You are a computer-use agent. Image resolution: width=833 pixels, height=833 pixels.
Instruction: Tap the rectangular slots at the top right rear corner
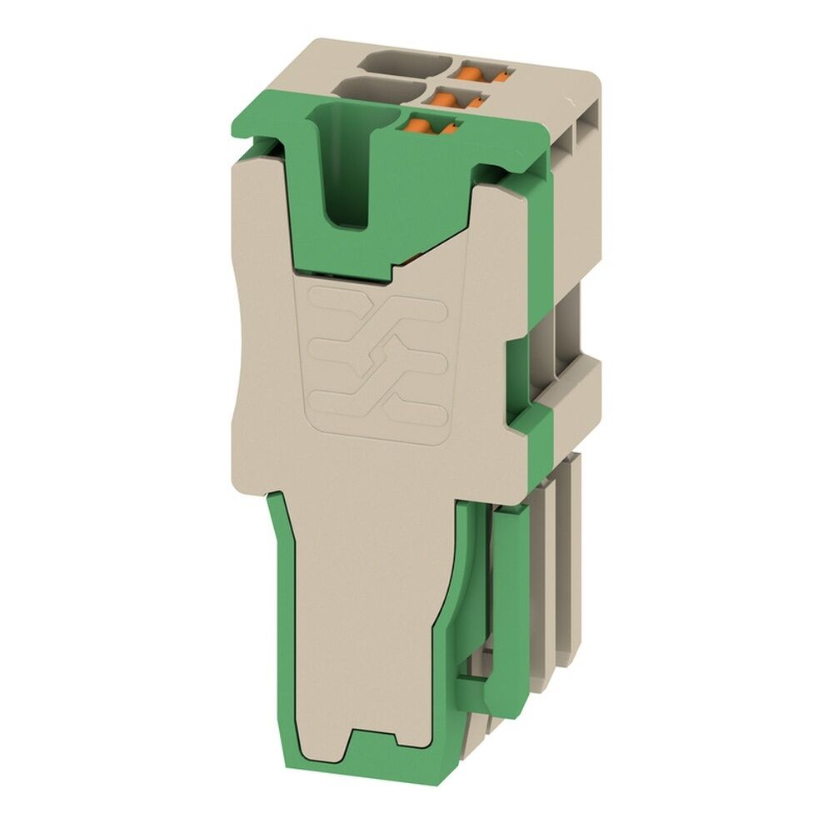pos(583,125)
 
